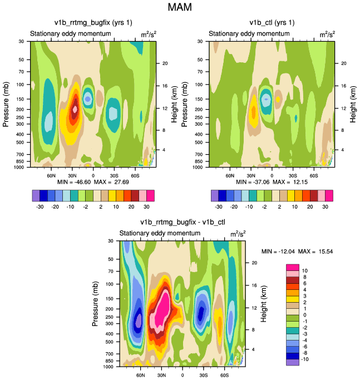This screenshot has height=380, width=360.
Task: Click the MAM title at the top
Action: tap(180, 8)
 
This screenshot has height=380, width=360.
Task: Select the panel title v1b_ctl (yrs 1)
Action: tap(272, 23)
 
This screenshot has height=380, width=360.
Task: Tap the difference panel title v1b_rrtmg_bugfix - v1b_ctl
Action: tap(181, 223)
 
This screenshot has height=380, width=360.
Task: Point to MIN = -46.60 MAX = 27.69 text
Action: tap(92, 182)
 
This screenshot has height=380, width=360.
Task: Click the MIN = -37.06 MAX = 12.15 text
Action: tap(272, 182)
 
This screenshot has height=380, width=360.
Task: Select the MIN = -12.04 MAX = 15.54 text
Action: tap(297, 252)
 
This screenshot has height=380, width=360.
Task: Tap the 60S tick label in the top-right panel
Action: tap(313, 175)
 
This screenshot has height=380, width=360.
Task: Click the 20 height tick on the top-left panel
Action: tap(165, 63)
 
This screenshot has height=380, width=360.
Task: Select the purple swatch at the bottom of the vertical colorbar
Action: tap(293, 362)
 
